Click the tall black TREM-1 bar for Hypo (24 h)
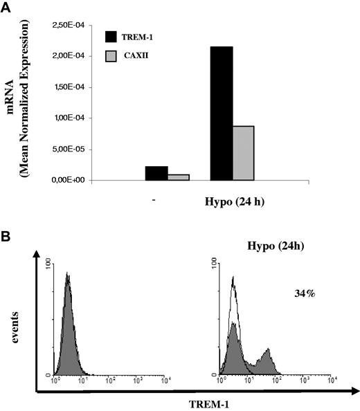point(221,113)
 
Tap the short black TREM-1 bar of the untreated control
point(156,173)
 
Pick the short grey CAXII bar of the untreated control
point(179,176)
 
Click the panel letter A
point(7,8)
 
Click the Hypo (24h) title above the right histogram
point(271,247)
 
